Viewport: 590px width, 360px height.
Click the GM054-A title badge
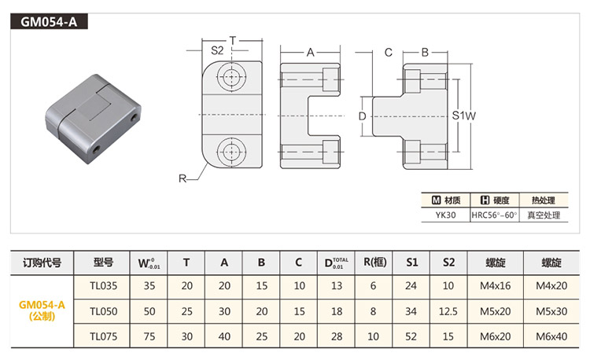[49, 22]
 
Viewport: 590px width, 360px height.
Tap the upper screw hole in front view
[232, 78]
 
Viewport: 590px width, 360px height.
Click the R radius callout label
[182, 179]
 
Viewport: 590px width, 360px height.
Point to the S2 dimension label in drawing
[218, 51]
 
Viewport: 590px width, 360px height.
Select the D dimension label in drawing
[362, 116]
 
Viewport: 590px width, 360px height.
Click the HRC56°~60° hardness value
[494, 214]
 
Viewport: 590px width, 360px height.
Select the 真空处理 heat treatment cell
[544, 214]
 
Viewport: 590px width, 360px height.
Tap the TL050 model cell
[104, 311]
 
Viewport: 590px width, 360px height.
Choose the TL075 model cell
[104, 336]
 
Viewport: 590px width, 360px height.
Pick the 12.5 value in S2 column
[449, 311]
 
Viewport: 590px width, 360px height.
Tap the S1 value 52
[411, 336]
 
